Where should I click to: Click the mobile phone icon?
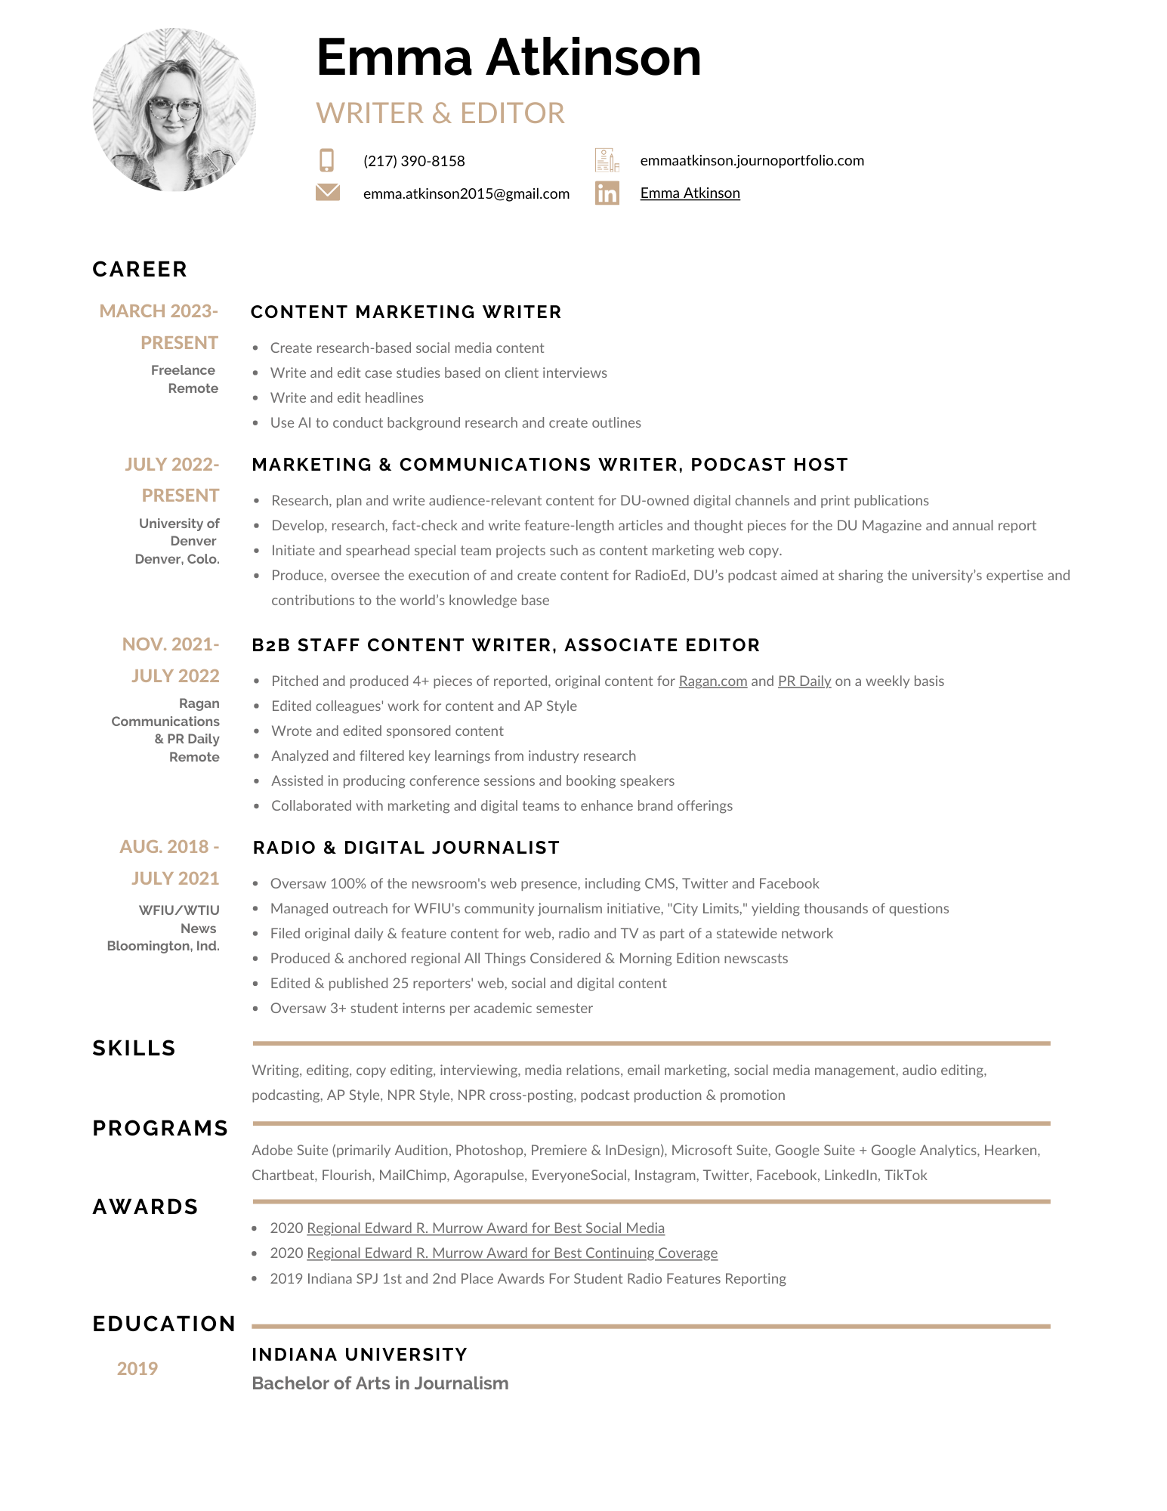[326, 160]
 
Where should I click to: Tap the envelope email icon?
[327, 193]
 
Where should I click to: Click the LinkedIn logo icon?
[607, 193]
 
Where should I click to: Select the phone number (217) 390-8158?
[414, 161]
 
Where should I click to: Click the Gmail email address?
[466, 193]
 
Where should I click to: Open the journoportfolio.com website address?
[752, 160]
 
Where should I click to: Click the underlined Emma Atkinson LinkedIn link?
[690, 193]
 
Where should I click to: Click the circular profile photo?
[174, 110]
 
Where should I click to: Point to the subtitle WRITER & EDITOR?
[440, 113]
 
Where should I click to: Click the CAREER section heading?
[140, 269]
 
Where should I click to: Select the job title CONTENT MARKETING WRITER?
[406, 312]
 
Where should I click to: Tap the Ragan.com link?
[712, 681]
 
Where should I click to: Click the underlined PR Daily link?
[804, 681]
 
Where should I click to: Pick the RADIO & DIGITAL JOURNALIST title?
[406, 848]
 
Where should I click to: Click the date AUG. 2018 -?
[169, 846]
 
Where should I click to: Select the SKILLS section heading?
[134, 1048]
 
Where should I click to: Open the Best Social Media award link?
[486, 1228]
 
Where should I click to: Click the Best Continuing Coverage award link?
[512, 1253]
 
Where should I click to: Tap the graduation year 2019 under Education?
[137, 1368]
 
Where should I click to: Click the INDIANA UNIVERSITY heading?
[360, 1354]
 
